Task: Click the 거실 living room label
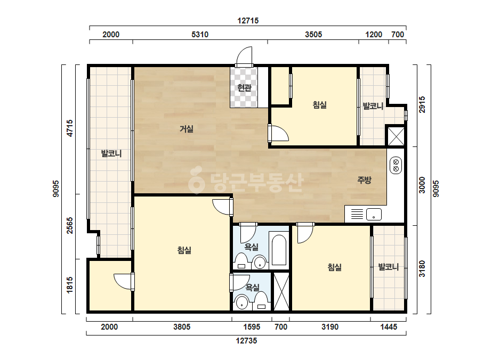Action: (187, 129)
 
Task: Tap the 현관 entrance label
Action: (244, 88)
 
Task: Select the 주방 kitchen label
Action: (364, 179)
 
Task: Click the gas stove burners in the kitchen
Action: (396, 166)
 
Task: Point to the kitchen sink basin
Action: (374, 214)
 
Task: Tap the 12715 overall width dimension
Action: (248, 21)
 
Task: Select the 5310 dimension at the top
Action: (200, 35)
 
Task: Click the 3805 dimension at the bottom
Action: (182, 327)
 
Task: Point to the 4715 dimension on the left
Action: (70, 128)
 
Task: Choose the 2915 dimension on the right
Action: (422, 105)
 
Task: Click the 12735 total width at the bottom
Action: (247, 340)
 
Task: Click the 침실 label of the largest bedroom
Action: (184, 250)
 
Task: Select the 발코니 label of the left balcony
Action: (111, 154)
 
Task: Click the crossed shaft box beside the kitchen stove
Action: (396, 136)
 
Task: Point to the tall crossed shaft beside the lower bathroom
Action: (281, 292)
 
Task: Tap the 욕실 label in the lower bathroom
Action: (252, 287)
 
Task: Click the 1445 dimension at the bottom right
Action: (389, 327)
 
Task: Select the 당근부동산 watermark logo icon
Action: (197, 180)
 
